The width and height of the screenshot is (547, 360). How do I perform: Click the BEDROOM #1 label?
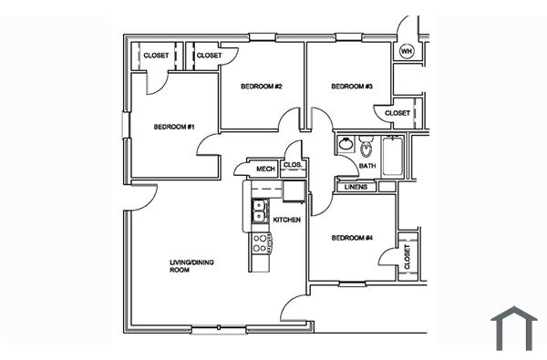point(173,127)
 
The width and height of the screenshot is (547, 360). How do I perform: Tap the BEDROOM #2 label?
point(261,87)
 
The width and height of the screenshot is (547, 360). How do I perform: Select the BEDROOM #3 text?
point(351,87)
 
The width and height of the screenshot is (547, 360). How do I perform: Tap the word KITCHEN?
point(287,220)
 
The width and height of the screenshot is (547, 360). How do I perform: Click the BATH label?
point(366,166)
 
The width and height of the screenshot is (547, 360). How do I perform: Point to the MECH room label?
point(265,169)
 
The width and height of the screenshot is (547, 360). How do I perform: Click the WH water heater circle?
point(407,51)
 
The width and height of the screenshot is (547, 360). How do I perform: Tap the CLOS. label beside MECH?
point(293,165)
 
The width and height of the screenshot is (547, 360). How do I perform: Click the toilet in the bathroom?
point(366,147)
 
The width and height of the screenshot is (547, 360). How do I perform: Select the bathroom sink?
point(346,145)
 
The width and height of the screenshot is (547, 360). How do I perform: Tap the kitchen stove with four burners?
point(259,242)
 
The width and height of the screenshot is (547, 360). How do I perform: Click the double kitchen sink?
point(259,211)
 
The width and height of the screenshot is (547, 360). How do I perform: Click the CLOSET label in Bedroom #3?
point(397,113)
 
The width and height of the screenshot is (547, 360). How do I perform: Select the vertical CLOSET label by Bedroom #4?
point(407,257)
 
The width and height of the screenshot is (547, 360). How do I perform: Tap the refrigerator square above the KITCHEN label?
point(294,191)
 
